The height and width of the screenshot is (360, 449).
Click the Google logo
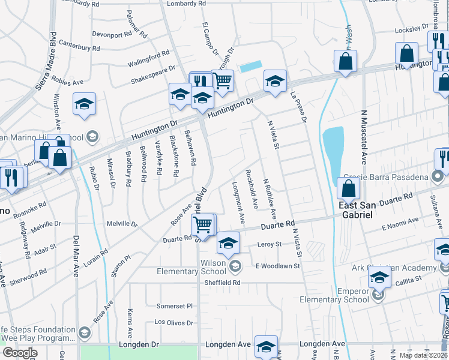[19, 353]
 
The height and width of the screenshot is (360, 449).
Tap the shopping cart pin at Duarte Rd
[203, 226]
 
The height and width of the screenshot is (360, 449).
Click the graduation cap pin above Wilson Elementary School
[228, 244]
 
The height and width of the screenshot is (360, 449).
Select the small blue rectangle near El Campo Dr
[251, 67]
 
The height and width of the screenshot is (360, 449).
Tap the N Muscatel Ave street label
[364, 137]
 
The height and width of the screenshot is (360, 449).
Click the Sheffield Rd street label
[221, 283]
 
